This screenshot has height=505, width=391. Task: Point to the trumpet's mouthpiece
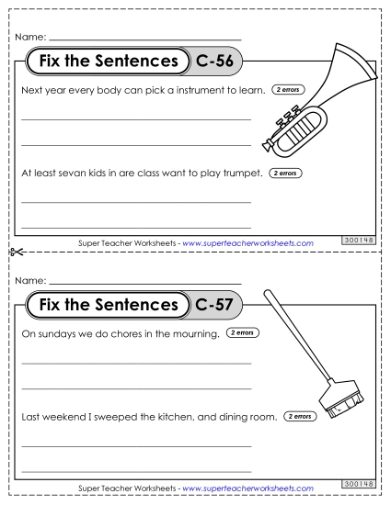[265, 144]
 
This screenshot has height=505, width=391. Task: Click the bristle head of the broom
[338, 400]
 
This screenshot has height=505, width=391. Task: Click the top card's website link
[248, 242]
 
